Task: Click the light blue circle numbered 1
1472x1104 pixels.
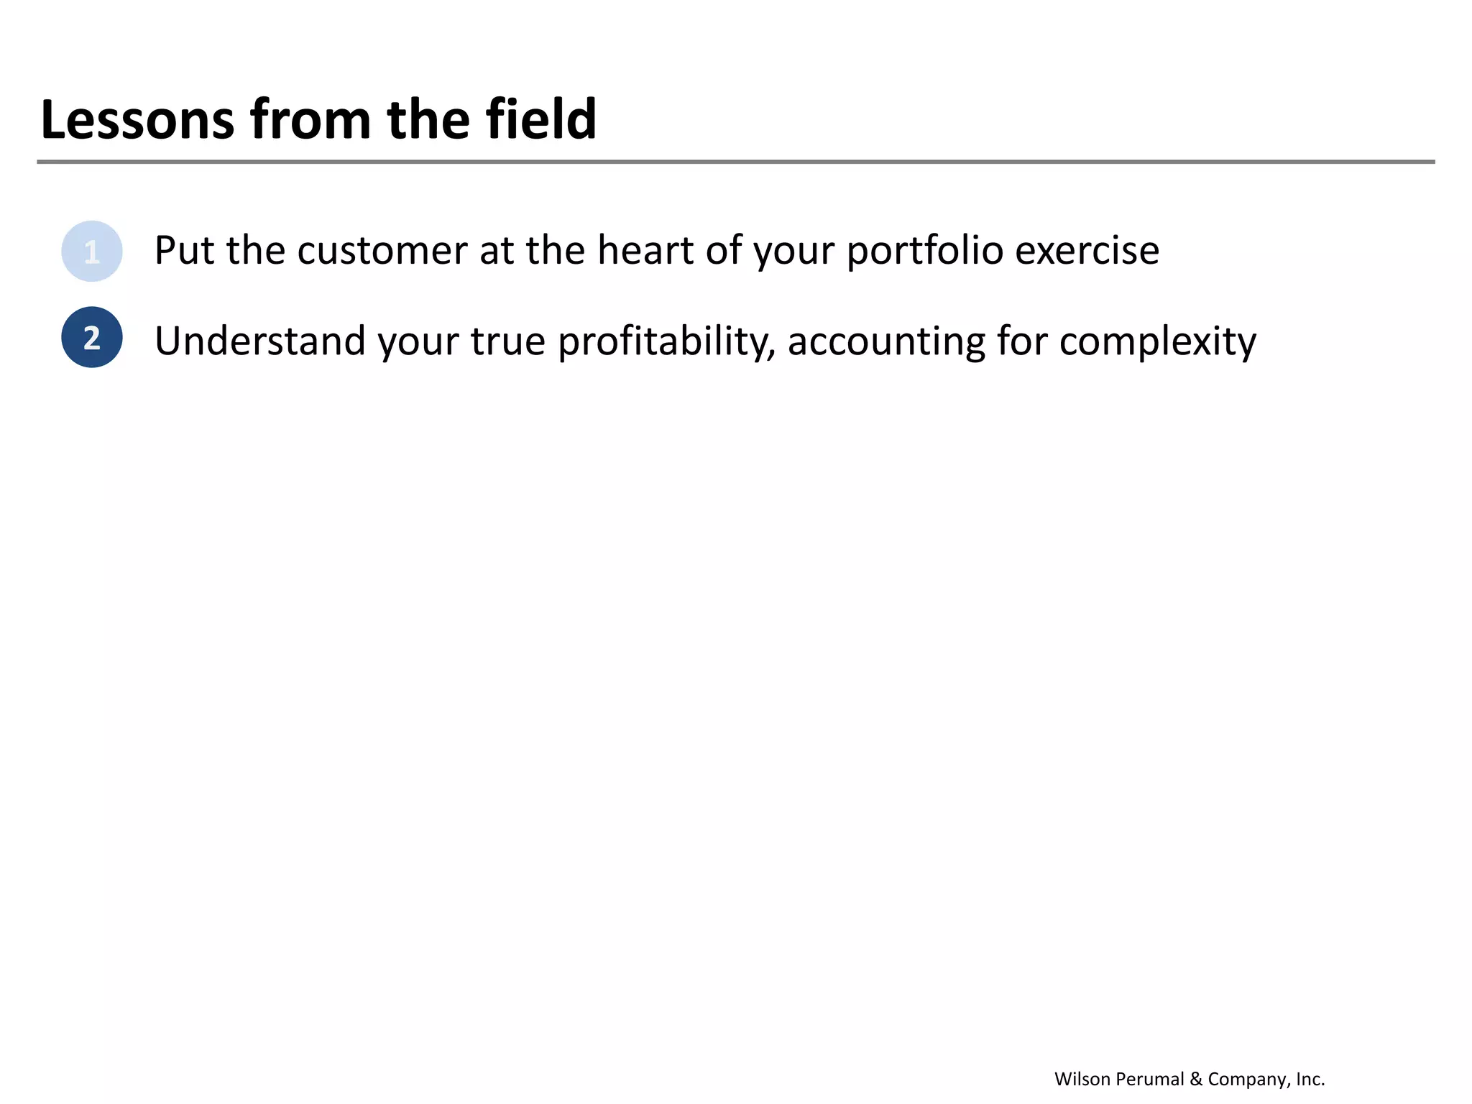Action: [x=92, y=252]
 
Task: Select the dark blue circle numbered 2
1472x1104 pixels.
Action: [x=92, y=337]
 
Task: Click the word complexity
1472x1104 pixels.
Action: [x=1157, y=342]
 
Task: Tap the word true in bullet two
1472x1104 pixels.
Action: [x=507, y=341]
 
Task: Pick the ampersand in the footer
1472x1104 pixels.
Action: [x=1196, y=1079]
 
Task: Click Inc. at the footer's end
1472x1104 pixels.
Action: [x=1310, y=1079]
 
